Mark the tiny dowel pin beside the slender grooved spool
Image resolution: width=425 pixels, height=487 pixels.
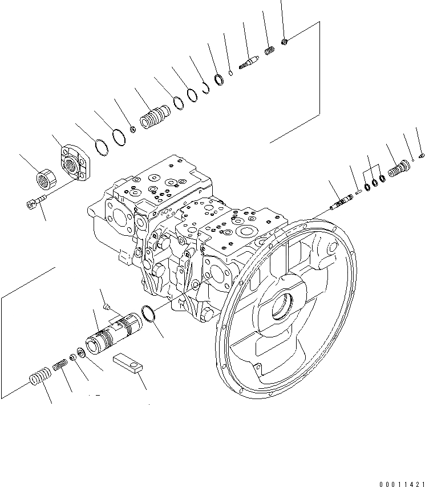point(358,192)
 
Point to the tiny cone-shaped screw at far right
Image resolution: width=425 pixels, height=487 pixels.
point(421,155)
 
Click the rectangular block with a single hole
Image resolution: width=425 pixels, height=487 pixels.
point(127,363)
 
